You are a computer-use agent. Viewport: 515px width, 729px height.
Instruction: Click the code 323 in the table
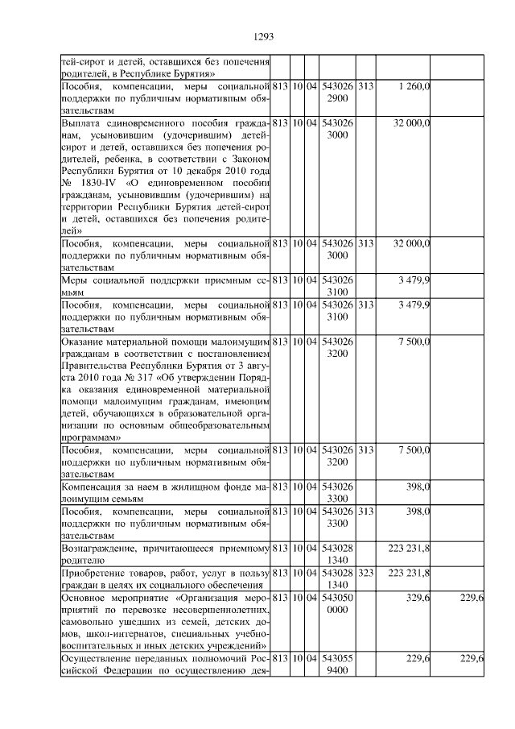click(365, 573)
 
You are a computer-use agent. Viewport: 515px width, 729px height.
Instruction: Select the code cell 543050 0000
click(337, 605)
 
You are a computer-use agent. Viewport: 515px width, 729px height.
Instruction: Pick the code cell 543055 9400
click(337, 665)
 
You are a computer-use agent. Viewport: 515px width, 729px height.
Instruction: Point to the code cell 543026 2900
click(337, 92)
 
